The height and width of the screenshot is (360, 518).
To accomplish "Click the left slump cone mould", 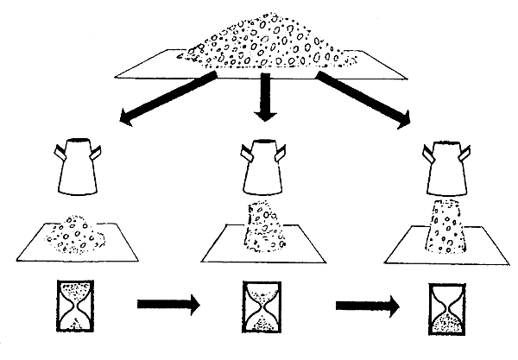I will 78,168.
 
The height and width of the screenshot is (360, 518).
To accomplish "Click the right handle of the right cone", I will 467,154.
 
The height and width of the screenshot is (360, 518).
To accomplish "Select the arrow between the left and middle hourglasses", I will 167,305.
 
